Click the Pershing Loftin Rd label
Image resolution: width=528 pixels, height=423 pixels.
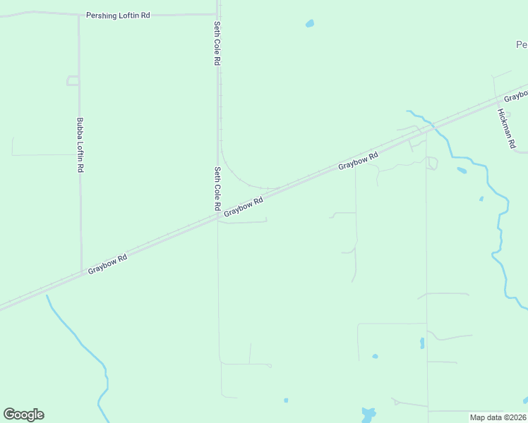point(118,15)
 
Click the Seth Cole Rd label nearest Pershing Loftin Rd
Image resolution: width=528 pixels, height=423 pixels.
point(217,44)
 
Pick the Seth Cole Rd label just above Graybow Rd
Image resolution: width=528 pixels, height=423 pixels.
point(217,189)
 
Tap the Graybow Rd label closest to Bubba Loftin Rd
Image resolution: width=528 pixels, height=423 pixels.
point(108,264)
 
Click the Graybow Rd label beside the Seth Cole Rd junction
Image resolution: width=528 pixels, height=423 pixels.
point(244,207)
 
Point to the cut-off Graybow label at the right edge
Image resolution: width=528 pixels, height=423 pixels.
point(516,95)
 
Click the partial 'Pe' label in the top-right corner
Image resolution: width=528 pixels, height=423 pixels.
point(522,44)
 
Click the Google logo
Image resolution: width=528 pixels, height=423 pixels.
point(23,415)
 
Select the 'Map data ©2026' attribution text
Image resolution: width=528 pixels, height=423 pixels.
point(498,417)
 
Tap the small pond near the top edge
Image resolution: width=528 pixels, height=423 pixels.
point(309,24)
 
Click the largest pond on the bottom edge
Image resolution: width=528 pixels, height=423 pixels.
point(368,415)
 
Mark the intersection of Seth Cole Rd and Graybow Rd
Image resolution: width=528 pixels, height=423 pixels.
point(217,217)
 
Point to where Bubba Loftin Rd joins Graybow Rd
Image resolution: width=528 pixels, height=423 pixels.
point(81,272)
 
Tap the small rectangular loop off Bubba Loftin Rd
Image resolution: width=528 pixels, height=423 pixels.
point(73,80)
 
